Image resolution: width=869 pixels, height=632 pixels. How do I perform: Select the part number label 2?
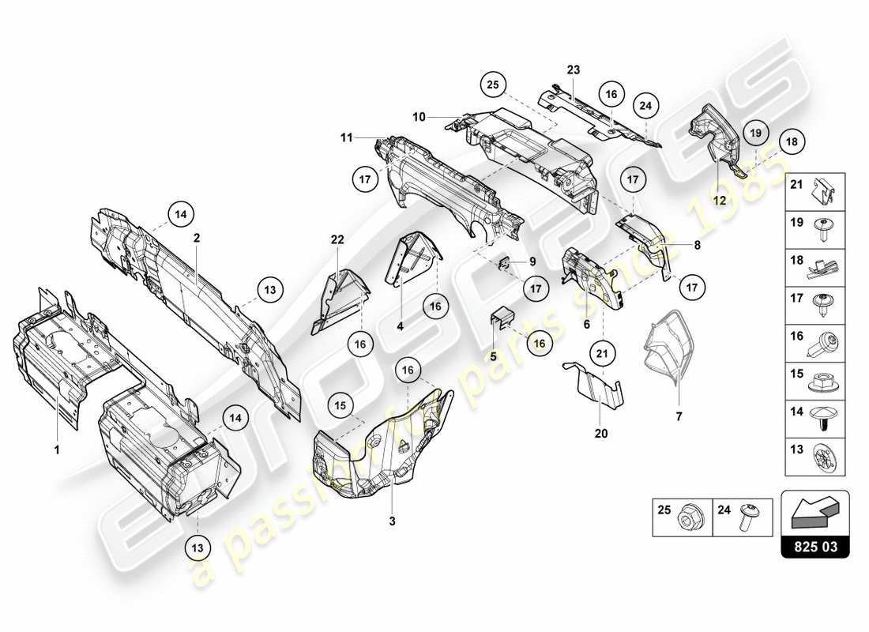pyautogui.click(x=196, y=236)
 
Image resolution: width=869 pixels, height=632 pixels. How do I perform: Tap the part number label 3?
pyautogui.click(x=392, y=522)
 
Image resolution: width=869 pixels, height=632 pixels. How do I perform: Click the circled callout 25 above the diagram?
pyautogui.click(x=493, y=85)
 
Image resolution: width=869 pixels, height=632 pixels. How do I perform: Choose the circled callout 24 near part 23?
pyautogui.click(x=645, y=105)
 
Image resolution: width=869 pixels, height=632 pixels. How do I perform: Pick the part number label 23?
pyautogui.click(x=573, y=70)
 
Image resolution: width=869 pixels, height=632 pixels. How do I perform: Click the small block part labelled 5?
pyautogui.click(x=502, y=319)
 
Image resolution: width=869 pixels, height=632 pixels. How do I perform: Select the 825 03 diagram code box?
pyautogui.click(x=814, y=545)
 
